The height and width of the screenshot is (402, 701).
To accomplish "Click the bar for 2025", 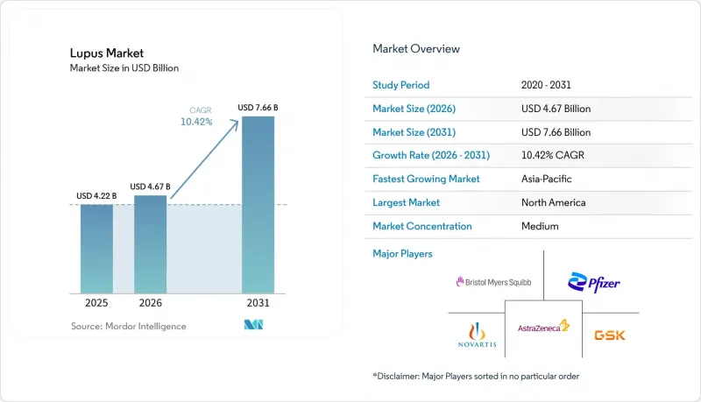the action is tap(96, 249).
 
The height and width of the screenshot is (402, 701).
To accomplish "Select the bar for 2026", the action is tap(150, 244).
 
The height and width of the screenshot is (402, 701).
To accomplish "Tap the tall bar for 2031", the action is tap(258, 205).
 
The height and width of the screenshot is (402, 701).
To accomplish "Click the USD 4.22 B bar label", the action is tap(96, 195).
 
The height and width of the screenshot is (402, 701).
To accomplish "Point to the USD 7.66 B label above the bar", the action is tap(258, 108).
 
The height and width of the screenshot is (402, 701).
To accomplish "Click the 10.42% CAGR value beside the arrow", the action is tap(196, 122).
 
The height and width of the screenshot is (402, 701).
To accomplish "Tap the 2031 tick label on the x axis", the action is tap(258, 303).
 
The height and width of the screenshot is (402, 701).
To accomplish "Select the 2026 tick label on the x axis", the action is tap(150, 303).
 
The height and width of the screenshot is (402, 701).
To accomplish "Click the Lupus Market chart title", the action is tap(107, 53).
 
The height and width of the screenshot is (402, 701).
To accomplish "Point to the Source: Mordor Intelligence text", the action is tap(129, 326).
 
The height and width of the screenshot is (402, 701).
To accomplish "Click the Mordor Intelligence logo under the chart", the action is tap(253, 325).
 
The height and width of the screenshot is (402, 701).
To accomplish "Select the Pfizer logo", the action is tap(594, 282).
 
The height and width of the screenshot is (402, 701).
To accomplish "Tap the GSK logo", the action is tap(610, 335).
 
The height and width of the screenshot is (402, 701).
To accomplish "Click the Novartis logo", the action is tap(477, 335).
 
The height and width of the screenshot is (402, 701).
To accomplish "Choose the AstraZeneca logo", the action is tap(543, 326).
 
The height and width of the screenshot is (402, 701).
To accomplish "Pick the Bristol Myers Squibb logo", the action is tap(493, 282).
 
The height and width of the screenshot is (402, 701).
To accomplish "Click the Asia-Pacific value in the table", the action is tap(546, 179).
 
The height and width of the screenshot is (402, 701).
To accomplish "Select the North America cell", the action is tap(554, 202).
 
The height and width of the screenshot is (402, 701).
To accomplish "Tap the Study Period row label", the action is tap(401, 85).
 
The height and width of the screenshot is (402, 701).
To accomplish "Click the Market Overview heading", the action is tap(416, 49).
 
